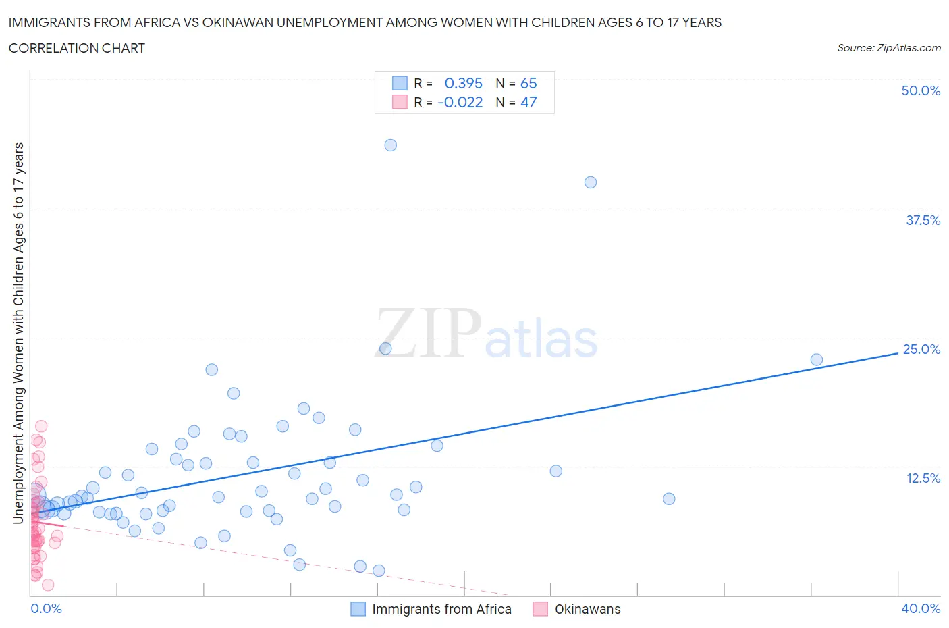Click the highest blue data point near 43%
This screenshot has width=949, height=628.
pyautogui.click(x=390, y=145)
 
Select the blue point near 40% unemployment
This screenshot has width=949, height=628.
pyautogui.click(x=591, y=182)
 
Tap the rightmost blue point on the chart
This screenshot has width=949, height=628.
pyautogui.click(x=816, y=360)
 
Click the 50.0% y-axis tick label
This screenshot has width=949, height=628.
pyautogui.click(x=921, y=90)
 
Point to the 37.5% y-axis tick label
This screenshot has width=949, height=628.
pyautogui.click(x=923, y=220)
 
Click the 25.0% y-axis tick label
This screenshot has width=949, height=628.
pyautogui.click(x=921, y=349)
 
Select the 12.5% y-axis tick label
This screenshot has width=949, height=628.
pyautogui.click(x=923, y=478)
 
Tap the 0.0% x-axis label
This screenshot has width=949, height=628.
pyautogui.click(x=46, y=608)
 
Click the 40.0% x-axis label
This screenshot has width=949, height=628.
pyautogui.click(x=921, y=608)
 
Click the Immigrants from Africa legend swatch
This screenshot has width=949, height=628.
pyautogui.click(x=358, y=609)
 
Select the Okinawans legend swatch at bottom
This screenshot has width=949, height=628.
pyautogui.click(x=540, y=609)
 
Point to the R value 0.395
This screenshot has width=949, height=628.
pyautogui.click(x=463, y=83)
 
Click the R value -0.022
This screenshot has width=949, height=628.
pyautogui.click(x=460, y=102)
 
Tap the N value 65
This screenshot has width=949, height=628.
pyautogui.click(x=528, y=83)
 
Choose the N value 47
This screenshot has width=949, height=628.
pyautogui.click(x=528, y=102)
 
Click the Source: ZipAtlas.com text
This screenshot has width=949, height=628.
pyautogui.click(x=888, y=48)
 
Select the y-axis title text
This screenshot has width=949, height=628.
pyautogui.click(x=19, y=333)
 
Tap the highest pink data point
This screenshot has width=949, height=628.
pyautogui.click(x=41, y=426)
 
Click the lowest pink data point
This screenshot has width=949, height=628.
pyautogui.click(x=48, y=585)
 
